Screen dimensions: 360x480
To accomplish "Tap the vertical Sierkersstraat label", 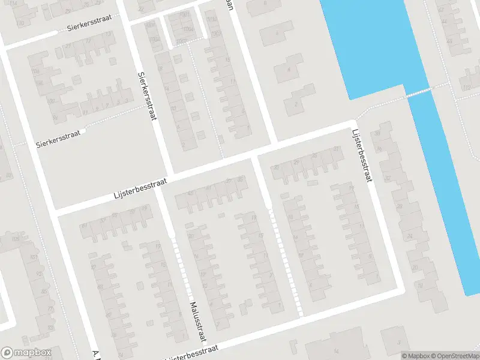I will click(x=147, y=96).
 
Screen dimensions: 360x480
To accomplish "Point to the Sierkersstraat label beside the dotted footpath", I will click(x=58, y=137).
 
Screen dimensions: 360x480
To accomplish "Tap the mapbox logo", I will click(x=26, y=353).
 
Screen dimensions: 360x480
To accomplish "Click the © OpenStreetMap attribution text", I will click(x=453, y=356).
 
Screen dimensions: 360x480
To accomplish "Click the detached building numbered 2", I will click(x=296, y=104).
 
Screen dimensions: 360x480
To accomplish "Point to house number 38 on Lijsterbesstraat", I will click(x=378, y=133).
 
